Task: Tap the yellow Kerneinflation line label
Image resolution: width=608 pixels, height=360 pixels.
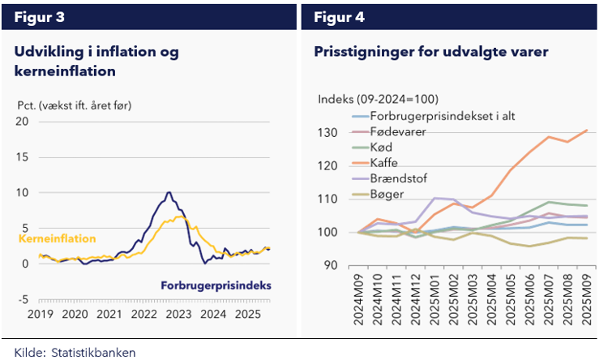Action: (57, 238)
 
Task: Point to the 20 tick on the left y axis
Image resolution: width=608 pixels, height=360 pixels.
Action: (23, 122)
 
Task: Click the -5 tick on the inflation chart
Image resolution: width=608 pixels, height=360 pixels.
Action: (23, 299)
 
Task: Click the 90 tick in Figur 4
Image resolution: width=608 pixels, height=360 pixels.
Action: (329, 266)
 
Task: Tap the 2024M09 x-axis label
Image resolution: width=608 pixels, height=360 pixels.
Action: (358, 299)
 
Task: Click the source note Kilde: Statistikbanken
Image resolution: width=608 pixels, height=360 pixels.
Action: (75, 352)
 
